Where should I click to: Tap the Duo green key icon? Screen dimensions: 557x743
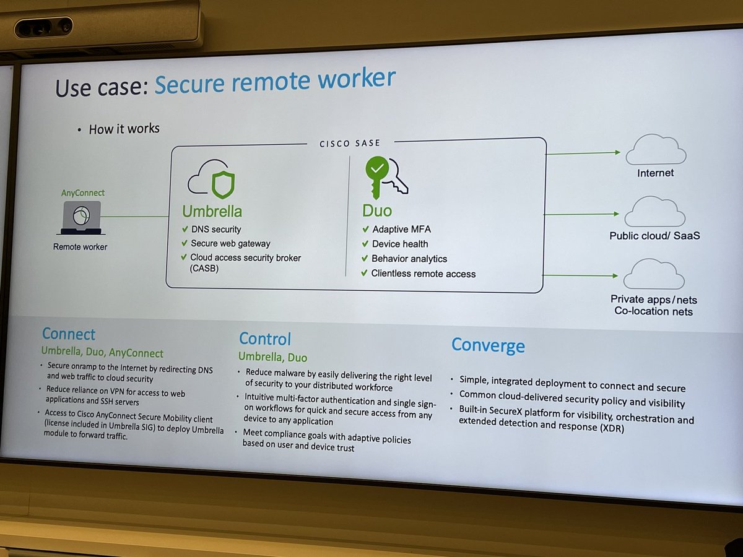[x=385, y=177]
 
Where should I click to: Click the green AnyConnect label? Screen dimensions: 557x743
[x=83, y=193]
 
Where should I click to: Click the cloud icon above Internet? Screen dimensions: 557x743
[x=656, y=150]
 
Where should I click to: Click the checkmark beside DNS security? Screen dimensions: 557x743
[x=185, y=229]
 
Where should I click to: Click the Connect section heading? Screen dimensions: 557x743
[x=69, y=334]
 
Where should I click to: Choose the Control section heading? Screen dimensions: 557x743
[x=265, y=339]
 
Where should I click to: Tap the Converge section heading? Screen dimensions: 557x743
[x=488, y=345]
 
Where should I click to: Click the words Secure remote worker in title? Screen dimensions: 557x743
[x=274, y=80]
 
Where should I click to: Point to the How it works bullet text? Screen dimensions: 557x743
[x=124, y=129]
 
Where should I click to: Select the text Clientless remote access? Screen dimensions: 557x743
[x=424, y=274]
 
